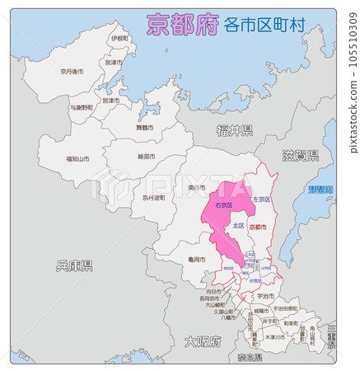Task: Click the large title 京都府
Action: pos(182,25)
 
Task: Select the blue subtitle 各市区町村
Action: pos(264,26)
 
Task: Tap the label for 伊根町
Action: pos(119,39)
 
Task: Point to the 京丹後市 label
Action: pos(72,73)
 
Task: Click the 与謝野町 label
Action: pos(81,108)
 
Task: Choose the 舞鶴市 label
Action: pos(144,129)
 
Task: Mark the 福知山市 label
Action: pos(78,158)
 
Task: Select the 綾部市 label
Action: pos(149,157)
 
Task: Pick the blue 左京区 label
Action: pos(261,200)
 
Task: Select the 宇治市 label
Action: pos(265,295)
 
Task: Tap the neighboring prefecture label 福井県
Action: pos(235,130)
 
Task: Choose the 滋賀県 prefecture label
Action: pos(301,155)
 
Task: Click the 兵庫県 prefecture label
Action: pos(74,265)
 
